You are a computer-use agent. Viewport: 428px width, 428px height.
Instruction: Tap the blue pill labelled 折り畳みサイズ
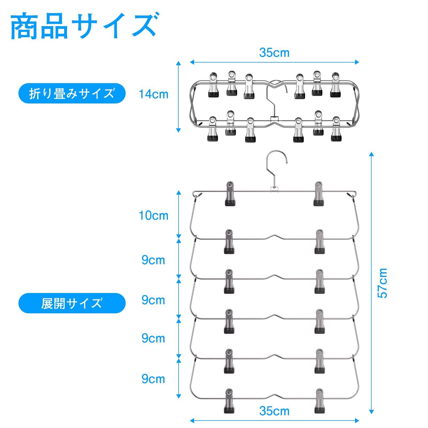pyautogui.click(x=72, y=94)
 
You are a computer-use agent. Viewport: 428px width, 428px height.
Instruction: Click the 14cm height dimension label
pyautogui.click(x=153, y=94)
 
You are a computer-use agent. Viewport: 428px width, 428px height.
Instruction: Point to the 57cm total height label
pyautogui.click(x=383, y=283)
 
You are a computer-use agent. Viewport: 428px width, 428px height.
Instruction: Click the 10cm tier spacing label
pyautogui.click(x=153, y=215)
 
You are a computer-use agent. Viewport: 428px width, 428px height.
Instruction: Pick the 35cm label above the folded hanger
pyautogui.click(x=274, y=52)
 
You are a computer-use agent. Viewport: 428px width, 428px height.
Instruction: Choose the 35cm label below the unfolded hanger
pyautogui.click(x=274, y=411)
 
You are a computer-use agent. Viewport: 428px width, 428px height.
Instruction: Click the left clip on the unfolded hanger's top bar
pyautogui.click(x=230, y=194)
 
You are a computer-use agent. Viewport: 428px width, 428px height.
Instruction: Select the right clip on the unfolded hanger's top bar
pyautogui.click(x=319, y=194)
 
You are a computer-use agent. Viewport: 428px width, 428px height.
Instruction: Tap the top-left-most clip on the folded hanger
pyautogui.click(x=213, y=84)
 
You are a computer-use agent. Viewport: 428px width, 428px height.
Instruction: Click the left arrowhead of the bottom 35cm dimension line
pyautogui.click(x=192, y=421)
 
